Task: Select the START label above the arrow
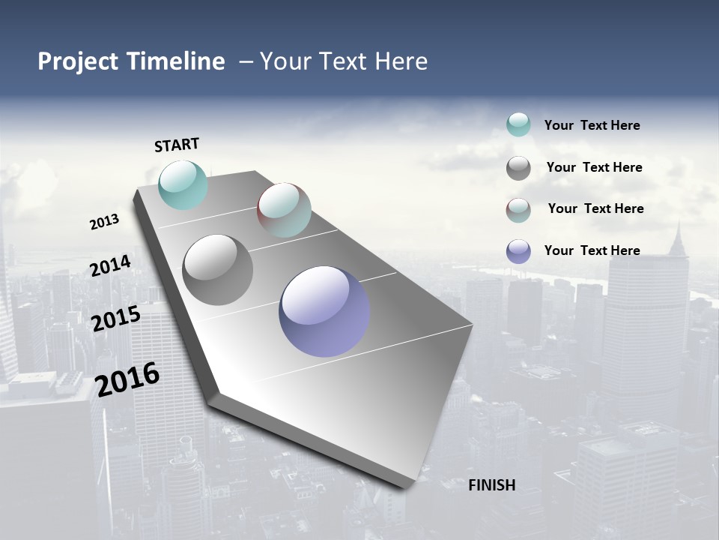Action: (x=177, y=145)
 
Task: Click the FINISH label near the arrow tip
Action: (x=492, y=485)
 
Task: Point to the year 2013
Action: (x=105, y=222)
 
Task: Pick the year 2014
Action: (x=111, y=265)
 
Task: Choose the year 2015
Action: (x=116, y=319)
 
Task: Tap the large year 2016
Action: (x=127, y=379)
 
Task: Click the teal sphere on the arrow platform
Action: (x=183, y=184)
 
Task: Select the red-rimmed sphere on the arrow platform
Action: (x=284, y=210)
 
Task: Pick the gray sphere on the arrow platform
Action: (x=218, y=270)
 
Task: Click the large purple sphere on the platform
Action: (x=324, y=311)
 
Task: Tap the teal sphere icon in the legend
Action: (x=518, y=124)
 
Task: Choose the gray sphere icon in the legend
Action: (x=518, y=168)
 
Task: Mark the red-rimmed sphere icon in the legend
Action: (x=518, y=210)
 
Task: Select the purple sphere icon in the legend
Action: (x=518, y=251)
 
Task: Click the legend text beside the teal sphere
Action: (x=592, y=126)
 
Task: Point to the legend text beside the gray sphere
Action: (x=594, y=167)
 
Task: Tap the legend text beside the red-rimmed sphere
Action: (x=595, y=208)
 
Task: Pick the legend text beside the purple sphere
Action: (x=592, y=250)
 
